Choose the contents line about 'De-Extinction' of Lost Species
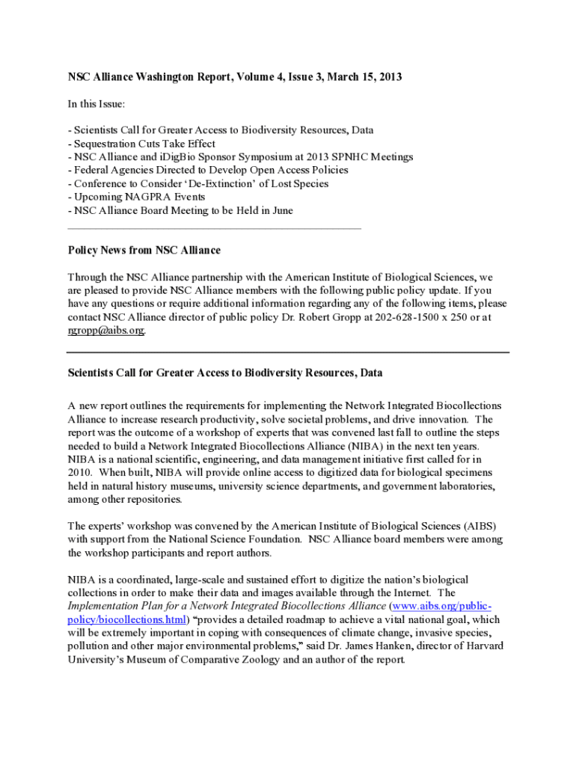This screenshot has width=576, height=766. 197,184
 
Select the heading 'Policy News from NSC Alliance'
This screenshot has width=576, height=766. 144,250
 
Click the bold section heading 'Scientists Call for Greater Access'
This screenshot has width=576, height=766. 225,373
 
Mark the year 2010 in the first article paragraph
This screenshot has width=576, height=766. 79,473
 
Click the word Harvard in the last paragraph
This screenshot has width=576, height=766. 482,646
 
